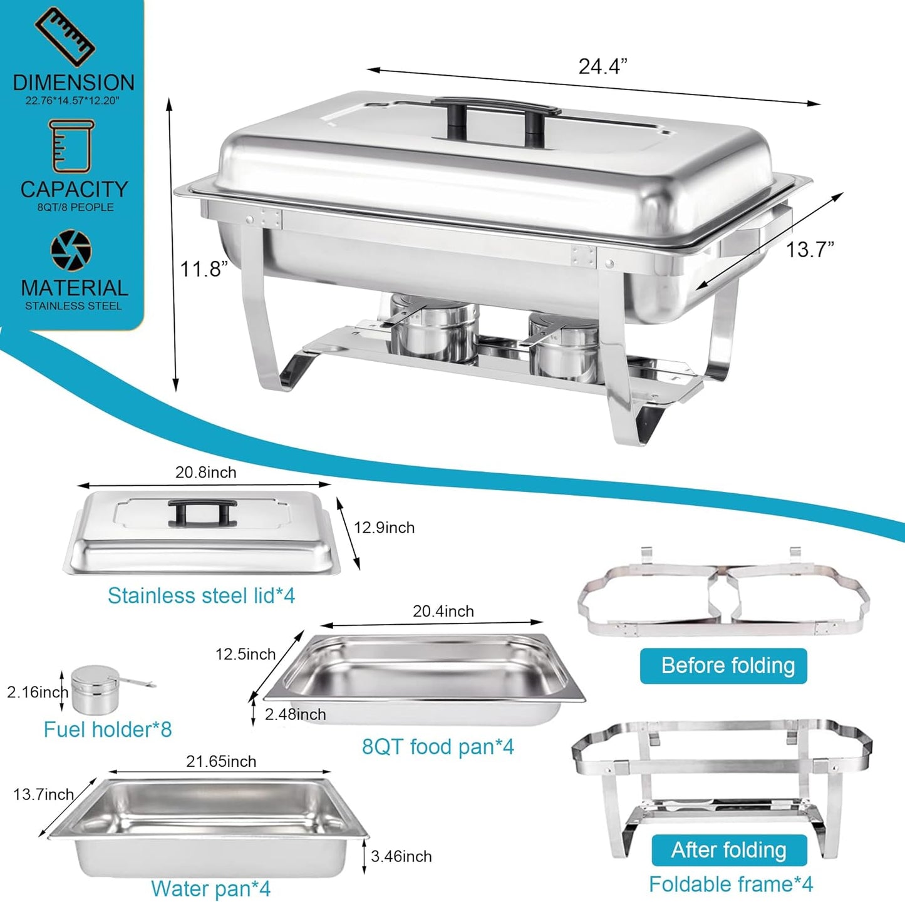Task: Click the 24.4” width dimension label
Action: click(x=602, y=66)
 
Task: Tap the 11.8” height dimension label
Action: click(x=203, y=269)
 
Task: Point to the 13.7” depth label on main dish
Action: click(x=809, y=250)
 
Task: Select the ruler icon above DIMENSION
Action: click(x=65, y=36)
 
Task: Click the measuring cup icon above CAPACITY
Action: click(x=71, y=146)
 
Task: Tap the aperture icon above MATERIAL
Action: click(x=71, y=250)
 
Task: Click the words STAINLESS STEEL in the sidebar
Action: click(x=73, y=306)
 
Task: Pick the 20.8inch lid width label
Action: click(x=205, y=473)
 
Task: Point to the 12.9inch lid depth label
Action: click(x=384, y=528)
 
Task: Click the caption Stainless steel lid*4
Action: click(x=201, y=595)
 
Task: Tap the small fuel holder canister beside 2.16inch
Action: click(x=95, y=689)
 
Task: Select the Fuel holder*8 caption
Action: click(x=107, y=729)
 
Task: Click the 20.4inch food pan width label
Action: click(x=443, y=612)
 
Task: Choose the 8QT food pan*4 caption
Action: click(x=438, y=747)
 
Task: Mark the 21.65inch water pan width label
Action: click(x=221, y=762)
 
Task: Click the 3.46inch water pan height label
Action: click(x=401, y=856)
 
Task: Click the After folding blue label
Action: click(x=728, y=850)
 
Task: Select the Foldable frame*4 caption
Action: click(x=731, y=884)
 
